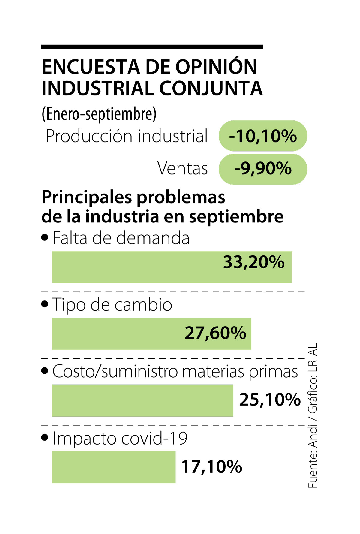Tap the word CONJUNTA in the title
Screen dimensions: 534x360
(211, 89)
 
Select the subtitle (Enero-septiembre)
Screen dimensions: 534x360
(99, 114)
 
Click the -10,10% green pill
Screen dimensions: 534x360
(263, 136)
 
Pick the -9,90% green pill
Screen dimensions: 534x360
(263, 169)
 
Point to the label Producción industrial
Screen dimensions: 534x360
(127, 136)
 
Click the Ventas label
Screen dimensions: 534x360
(182, 168)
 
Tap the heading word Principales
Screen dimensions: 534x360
(87, 198)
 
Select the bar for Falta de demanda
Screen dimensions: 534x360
(135, 267)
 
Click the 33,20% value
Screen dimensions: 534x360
(254, 262)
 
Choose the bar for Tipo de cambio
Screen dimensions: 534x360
(117, 334)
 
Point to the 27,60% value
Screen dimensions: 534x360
(215, 333)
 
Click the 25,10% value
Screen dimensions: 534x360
(270, 400)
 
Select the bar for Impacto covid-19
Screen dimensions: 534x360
(114, 467)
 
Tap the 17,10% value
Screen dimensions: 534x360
(212, 467)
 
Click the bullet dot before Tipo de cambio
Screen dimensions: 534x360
(45, 304)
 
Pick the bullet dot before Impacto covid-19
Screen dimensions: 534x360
(45, 437)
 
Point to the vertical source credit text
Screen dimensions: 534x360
(313, 416)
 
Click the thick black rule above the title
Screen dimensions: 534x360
(152, 47)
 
